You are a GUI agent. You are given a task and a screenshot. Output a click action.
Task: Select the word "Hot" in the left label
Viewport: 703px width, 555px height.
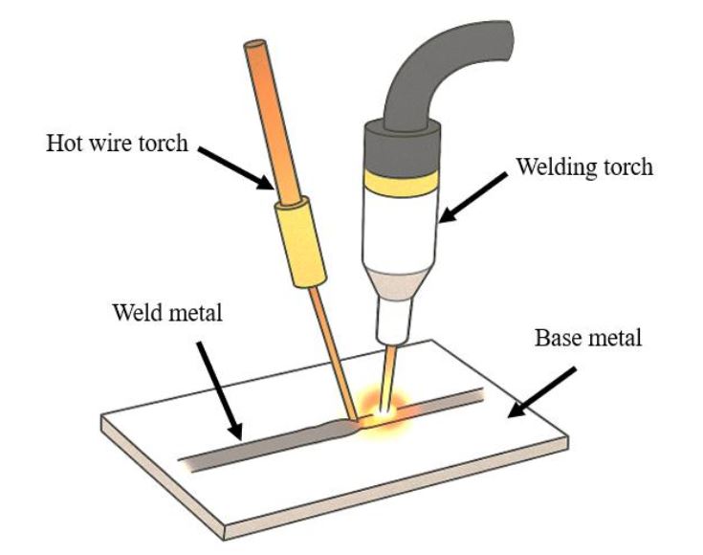coord(62,144)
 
